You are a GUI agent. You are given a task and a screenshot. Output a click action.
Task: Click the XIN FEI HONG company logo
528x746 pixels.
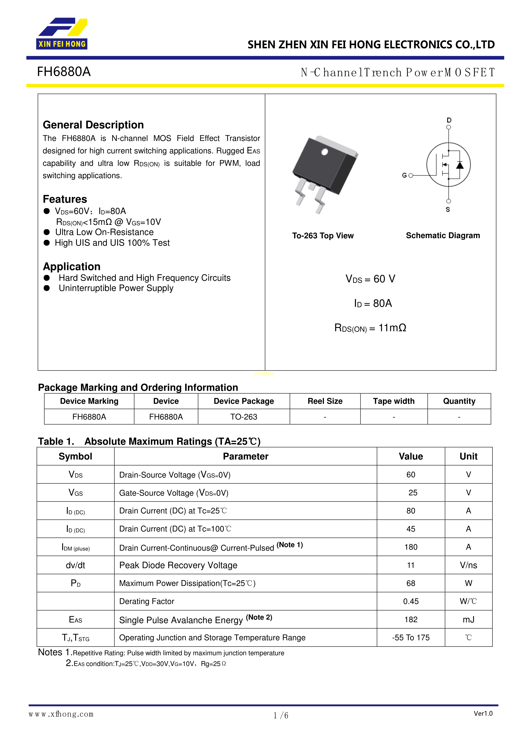pyautogui.click(x=62, y=33)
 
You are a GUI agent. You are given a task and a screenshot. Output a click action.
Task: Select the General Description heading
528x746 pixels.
pyautogui.click(x=93, y=125)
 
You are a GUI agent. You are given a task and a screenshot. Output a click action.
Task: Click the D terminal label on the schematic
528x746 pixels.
pyautogui.click(x=449, y=120)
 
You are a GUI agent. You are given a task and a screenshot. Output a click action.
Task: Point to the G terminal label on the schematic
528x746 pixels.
pyautogui.click(x=404, y=175)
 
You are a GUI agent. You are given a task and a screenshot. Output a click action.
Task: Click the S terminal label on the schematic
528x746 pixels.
pyautogui.click(x=448, y=209)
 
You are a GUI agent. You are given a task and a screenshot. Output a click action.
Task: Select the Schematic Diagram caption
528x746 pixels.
pyautogui.click(x=443, y=236)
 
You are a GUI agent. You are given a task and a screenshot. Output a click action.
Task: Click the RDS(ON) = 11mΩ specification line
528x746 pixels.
pyautogui.click(x=370, y=328)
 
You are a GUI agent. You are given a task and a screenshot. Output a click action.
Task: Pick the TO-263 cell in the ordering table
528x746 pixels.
pyautogui.click(x=244, y=417)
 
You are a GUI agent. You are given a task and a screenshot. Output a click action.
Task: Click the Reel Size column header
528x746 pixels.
pyautogui.click(x=325, y=401)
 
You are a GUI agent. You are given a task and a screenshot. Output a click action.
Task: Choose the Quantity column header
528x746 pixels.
pyautogui.click(x=459, y=401)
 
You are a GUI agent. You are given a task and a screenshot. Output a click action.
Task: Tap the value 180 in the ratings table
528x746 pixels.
pyautogui.click(x=411, y=547)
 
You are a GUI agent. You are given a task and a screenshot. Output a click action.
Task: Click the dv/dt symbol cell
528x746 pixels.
pyautogui.click(x=75, y=565)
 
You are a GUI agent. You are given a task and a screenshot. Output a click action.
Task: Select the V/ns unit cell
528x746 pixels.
pyautogui.click(x=468, y=565)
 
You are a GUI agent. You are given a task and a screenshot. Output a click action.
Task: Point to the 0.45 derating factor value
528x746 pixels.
pyautogui.click(x=411, y=601)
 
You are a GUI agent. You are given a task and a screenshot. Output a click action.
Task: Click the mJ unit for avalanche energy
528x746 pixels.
pyautogui.click(x=468, y=620)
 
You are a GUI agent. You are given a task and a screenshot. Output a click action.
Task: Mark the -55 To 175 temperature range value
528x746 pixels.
pyautogui.click(x=411, y=638)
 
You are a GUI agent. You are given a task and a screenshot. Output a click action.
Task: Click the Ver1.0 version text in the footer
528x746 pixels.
pyautogui.click(x=483, y=713)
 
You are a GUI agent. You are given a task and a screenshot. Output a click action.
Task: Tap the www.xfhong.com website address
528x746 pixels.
pyautogui.click(x=61, y=714)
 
